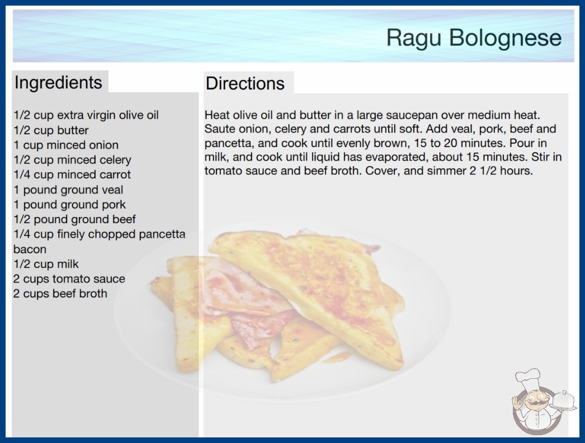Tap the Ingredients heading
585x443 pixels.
pyautogui.click(x=58, y=83)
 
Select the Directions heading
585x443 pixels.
pyautogui.click(x=245, y=83)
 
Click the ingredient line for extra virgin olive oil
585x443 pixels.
pyautogui.click(x=86, y=115)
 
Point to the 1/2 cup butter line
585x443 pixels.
pyautogui.click(x=51, y=130)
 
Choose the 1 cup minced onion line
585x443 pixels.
pyautogui.click(x=66, y=145)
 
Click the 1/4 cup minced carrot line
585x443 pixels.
pyautogui.click(x=72, y=175)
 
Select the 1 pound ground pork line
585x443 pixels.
pyautogui.click(x=70, y=205)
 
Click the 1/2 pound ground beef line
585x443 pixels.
pyautogui.click(x=74, y=219)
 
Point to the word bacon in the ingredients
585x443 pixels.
pyautogui.click(x=30, y=249)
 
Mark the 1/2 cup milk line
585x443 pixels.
pyautogui.click(x=46, y=264)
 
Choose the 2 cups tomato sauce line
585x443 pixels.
pyautogui.click(x=69, y=279)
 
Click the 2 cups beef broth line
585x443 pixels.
pyautogui.click(x=60, y=294)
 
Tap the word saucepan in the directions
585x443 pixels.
pyautogui.click(x=408, y=115)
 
